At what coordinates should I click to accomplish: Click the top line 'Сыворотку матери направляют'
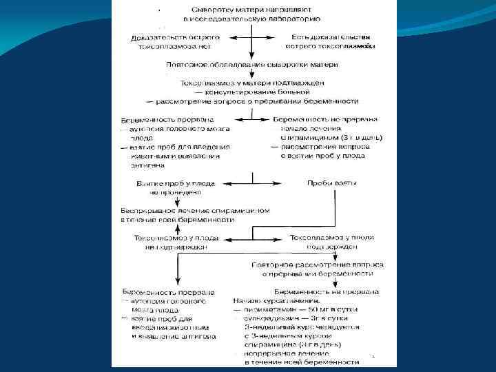point(252,11)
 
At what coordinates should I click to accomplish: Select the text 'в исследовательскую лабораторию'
point(252,21)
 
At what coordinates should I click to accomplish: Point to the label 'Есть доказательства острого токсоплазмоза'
point(330,41)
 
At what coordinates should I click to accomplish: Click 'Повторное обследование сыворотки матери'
point(252,64)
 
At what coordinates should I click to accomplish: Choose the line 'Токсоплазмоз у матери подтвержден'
point(252,82)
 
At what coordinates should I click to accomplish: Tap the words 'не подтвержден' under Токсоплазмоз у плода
point(176,247)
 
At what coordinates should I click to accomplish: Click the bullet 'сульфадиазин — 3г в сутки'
point(298,319)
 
